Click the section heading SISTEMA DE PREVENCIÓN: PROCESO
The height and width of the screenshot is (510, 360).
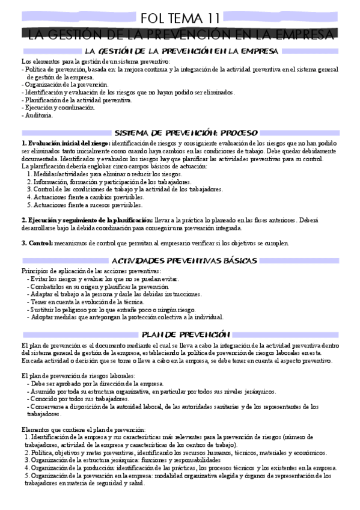[186, 132]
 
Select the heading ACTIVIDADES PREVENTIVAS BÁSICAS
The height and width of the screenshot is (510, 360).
[185, 260]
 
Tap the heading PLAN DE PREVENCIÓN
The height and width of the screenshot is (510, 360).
[185, 334]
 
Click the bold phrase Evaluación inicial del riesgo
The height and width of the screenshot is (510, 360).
[66, 143]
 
